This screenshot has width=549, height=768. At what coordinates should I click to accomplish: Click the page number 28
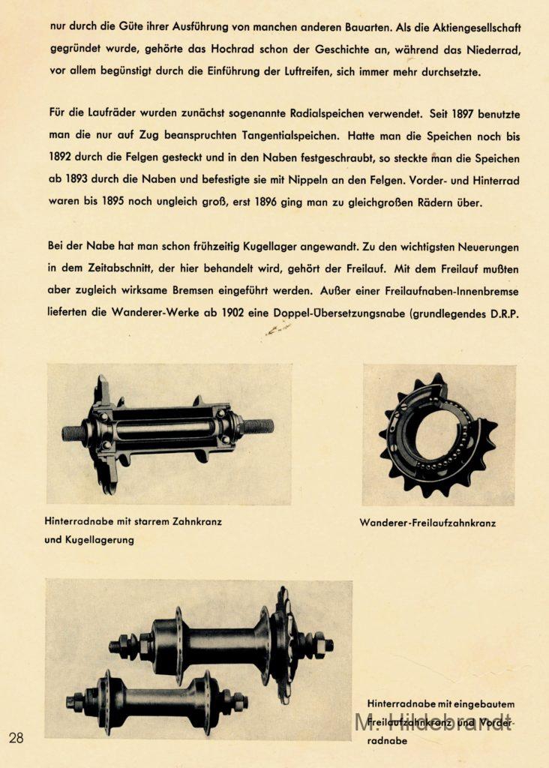tap(16, 738)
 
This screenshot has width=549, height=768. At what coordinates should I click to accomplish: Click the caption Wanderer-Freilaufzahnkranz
tap(427, 523)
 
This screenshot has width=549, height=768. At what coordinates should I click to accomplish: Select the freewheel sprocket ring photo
tap(439, 436)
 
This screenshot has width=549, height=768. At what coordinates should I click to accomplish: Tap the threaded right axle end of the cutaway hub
tap(257, 427)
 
